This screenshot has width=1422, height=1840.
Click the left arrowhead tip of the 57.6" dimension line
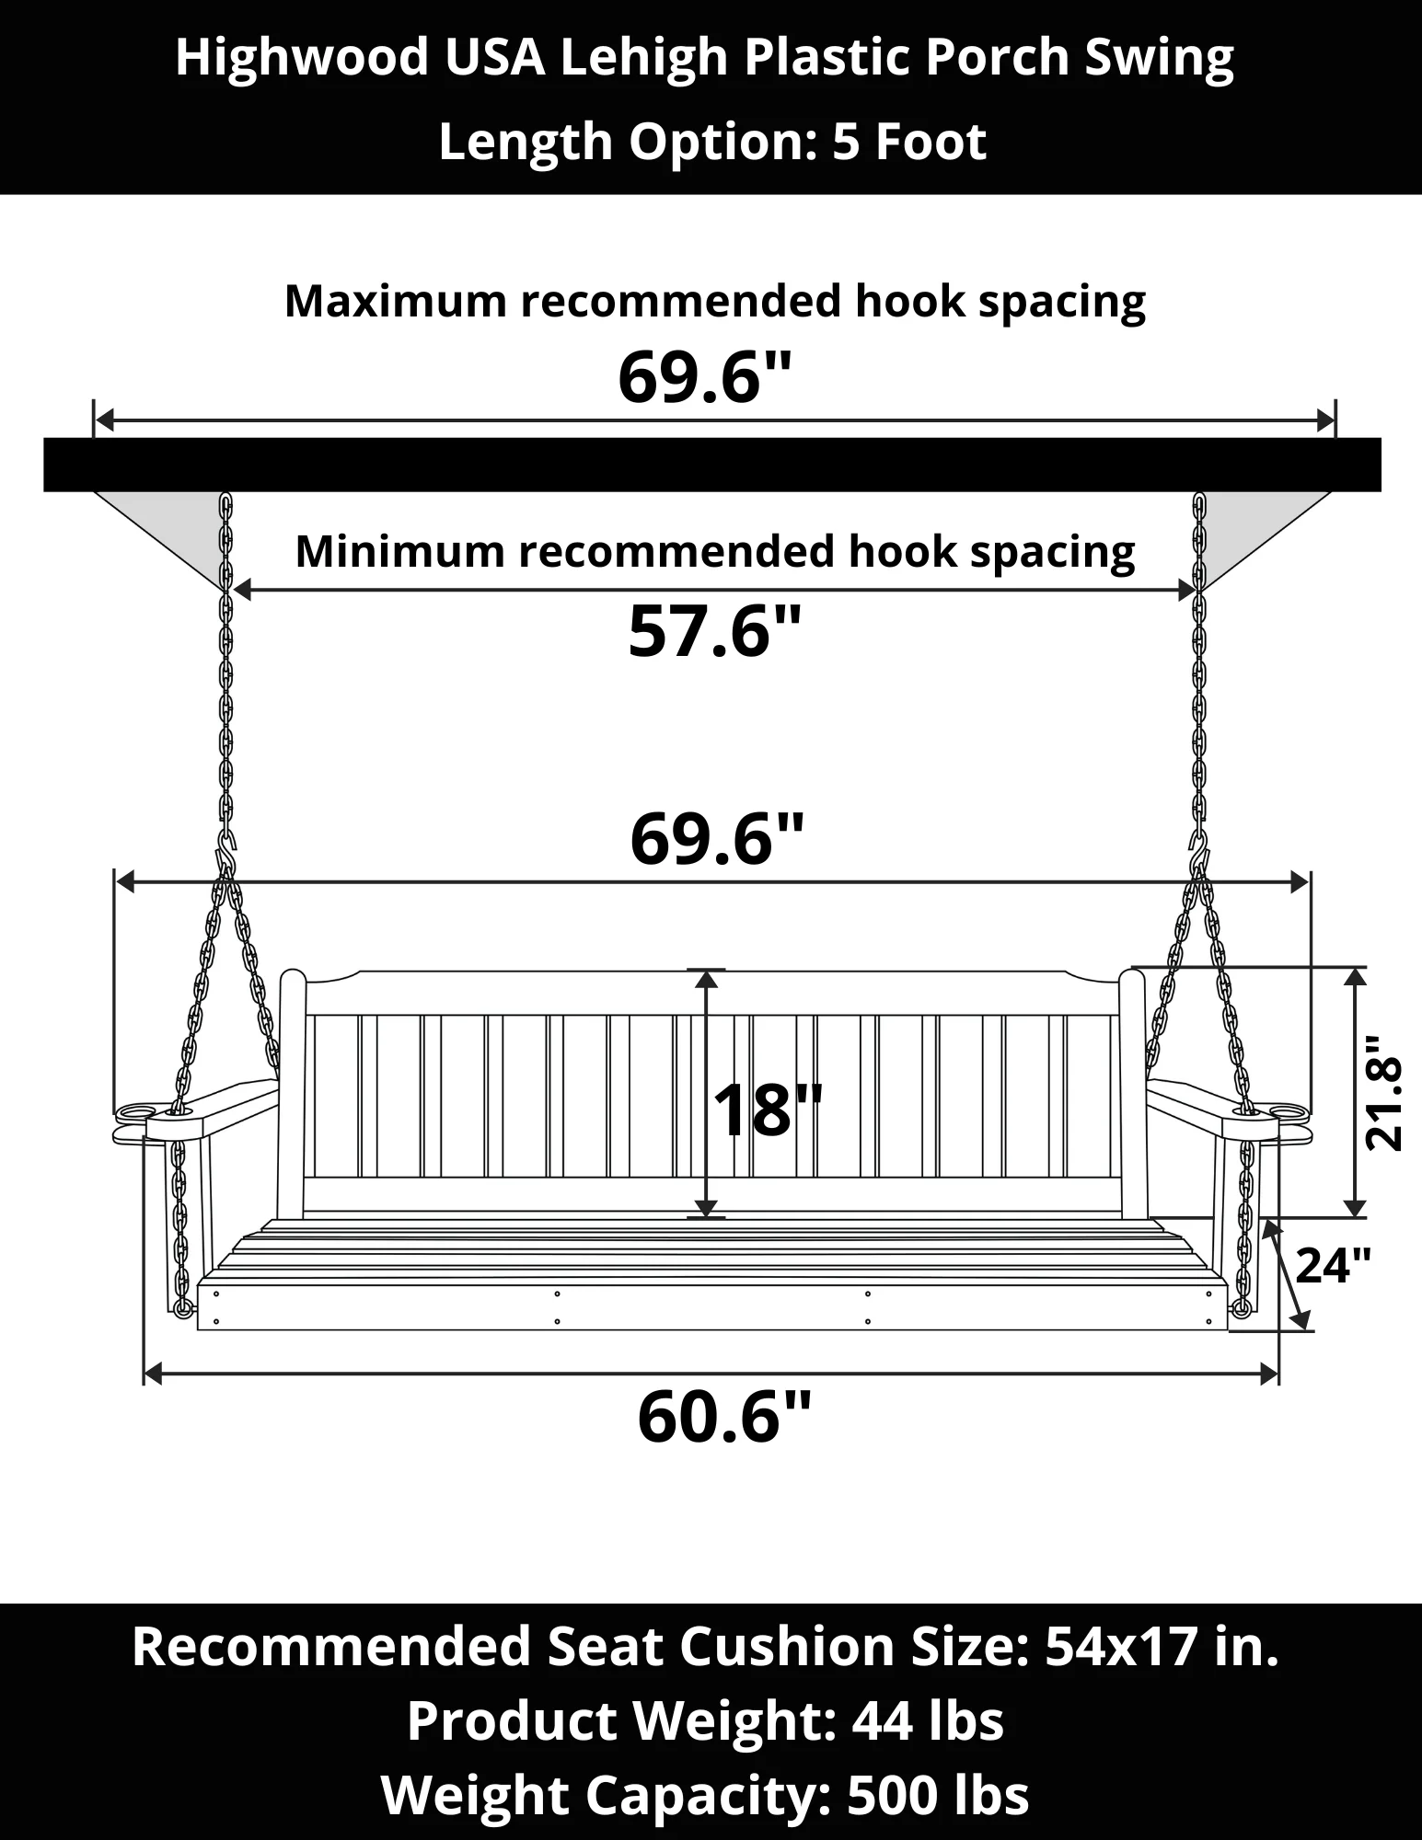pyautogui.click(x=232, y=592)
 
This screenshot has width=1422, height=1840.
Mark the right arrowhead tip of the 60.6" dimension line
pyautogui.click(x=1278, y=1374)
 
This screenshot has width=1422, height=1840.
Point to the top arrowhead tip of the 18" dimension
pyautogui.click(x=706, y=970)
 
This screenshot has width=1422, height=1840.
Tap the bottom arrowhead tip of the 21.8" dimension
pyautogui.click(x=1354, y=1216)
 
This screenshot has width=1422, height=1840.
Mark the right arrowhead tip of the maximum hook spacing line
pyautogui.click(x=1335, y=421)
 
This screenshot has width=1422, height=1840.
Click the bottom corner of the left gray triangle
pyautogui.click(x=222, y=592)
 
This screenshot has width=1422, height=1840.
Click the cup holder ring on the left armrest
pyautogui.click(x=135, y=1113)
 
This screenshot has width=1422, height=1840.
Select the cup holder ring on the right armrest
pyautogui.click(x=1286, y=1113)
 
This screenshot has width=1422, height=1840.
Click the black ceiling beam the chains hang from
pyautogui.click(x=712, y=465)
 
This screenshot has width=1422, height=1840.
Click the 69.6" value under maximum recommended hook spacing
pyautogui.click(x=705, y=378)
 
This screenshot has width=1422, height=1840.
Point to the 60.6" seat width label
pyautogui.click(x=724, y=1418)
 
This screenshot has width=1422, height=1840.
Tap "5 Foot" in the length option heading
pyautogui.click(x=909, y=142)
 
